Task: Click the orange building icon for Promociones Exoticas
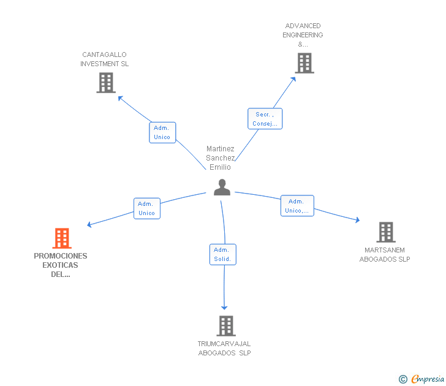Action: click(x=62, y=238)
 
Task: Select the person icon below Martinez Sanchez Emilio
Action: click(x=222, y=187)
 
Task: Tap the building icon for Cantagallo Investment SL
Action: click(x=106, y=83)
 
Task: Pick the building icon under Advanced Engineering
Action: click(x=304, y=63)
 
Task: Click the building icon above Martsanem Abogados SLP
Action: click(x=386, y=232)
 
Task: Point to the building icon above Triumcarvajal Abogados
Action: click(x=226, y=326)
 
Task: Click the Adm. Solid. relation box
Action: click(x=223, y=254)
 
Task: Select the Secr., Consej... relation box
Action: click(x=265, y=119)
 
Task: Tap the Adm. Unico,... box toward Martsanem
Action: click(x=297, y=206)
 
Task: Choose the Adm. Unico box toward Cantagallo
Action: click(x=162, y=132)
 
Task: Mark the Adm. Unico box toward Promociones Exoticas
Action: click(x=147, y=208)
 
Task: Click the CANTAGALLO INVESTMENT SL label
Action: click(x=104, y=59)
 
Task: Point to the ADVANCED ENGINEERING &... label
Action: click(x=303, y=35)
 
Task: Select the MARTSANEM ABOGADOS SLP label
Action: click(x=385, y=255)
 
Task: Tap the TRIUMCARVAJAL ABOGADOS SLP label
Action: click(x=224, y=348)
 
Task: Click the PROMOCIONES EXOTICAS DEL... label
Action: click(x=61, y=265)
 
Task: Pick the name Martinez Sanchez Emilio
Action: click(x=221, y=158)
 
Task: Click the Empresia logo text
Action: click(x=428, y=379)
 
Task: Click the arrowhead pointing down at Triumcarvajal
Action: click(x=224, y=308)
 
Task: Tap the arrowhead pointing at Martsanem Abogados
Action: click(x=358, y=220)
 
